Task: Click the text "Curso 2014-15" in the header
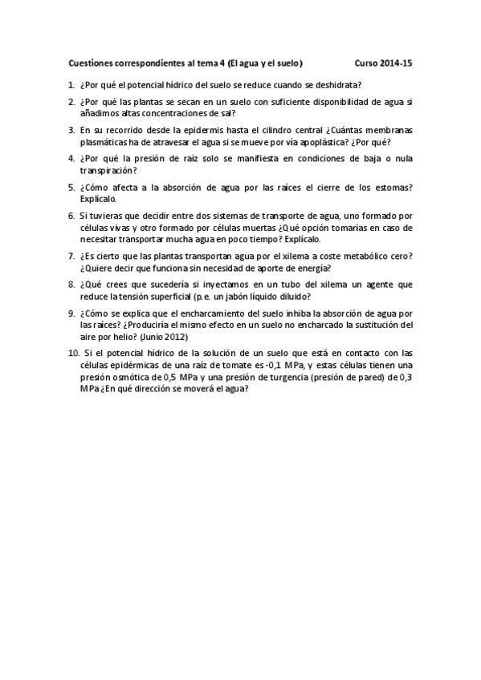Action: tap(383, 63)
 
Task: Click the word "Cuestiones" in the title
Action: tap(92, 63)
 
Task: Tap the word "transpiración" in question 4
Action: tap(107, 171)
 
